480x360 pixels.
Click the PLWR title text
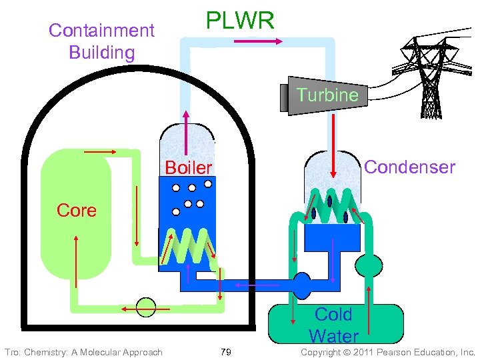point(239,21)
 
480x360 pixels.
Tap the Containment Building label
point(101,41)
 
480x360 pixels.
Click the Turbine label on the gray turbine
point(327,95)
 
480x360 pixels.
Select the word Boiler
point(188,167)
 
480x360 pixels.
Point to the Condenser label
point(410,167)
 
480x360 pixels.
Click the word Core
point(77,211)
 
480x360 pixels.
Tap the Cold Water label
point(333,325)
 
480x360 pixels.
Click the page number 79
point(225,352)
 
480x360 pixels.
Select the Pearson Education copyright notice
point(387,352)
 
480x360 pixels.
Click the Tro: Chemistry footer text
point(83,352)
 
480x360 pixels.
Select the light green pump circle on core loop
point(145,307)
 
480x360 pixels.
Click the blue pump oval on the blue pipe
point(302,285)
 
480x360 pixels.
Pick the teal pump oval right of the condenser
point(369,265)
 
